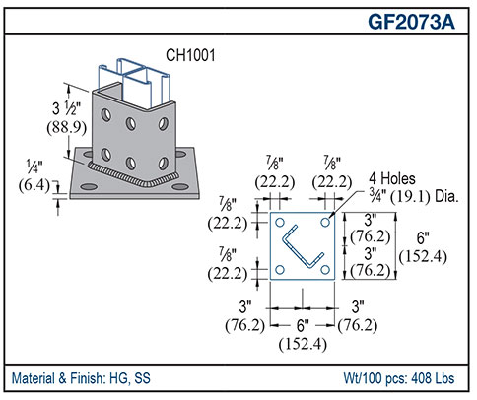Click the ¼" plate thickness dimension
tap(36, 167)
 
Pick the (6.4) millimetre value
tap(36, 184)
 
